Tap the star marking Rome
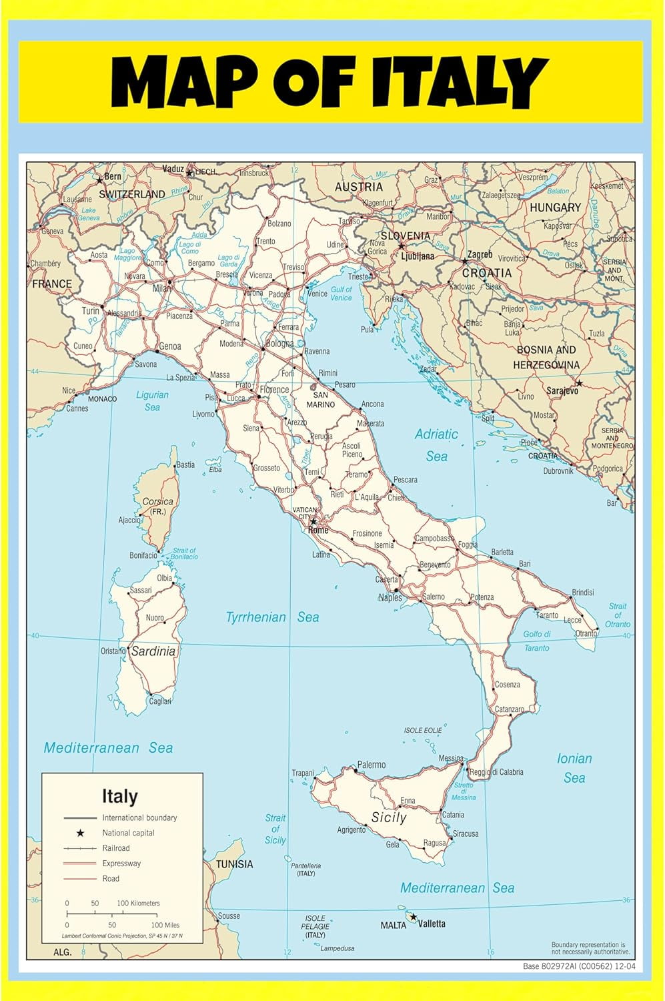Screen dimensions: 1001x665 pyautogui.click(x=313, y=521)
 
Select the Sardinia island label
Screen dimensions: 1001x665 pyautogui.click(x=153, y=651)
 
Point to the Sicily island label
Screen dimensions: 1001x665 pyautogui.click(x=389, y=817)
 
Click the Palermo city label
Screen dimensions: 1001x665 pyautogui.click(x=372, y=765)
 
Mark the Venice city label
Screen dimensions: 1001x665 pyautogui.click(x=317, y=294)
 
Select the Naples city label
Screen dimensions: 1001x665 pyautogui.click(x=390, y=598)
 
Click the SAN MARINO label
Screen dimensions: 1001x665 pyautogui.click(x=320, y=400)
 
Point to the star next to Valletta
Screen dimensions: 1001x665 pyautogui.click(x=413, y=918)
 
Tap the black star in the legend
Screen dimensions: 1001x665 pyautogui.click(x=80, y=833)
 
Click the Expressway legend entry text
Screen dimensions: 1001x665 pyautogui.click(x=121, y=864)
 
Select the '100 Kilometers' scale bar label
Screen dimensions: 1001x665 pyautogui.click(x=138, y=903)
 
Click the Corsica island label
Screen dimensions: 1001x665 pyautogui.click(x=157, y=501)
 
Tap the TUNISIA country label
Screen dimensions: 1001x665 pyautogui.click(x=234, y=864)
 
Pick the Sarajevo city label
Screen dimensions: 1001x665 pyautogui.click(x=562, y=391)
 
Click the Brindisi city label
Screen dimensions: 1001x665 pyautogui.click(x=582, y=593)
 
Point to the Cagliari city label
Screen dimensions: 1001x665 pyautogui.click(x=160, y=701)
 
